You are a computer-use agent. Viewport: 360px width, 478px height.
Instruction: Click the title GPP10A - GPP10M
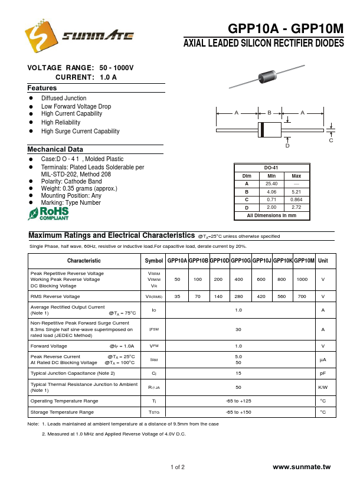tap(285, 30)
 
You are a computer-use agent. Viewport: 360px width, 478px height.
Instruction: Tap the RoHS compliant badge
tap(48, 214)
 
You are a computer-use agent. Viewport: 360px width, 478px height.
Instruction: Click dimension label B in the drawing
tap(269, 112)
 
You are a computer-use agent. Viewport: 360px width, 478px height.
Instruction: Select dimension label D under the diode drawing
tap(287, 145)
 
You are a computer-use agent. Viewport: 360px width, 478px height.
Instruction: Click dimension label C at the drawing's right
tap(331, 140)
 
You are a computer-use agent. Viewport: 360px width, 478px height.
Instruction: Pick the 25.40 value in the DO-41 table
tap(271, 184)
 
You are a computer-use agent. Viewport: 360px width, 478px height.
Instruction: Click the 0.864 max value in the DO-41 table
tap(296, 199)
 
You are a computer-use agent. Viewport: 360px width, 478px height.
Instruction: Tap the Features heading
tap(42, 88)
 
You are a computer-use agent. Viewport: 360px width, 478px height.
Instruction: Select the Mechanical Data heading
tap(55, 149)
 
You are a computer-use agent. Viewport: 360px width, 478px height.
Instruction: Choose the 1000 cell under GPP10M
tap(302, 279)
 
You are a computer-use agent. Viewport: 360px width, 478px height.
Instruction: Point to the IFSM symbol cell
tap(154, 329)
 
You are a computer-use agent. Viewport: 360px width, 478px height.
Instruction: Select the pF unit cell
tap(323, 373)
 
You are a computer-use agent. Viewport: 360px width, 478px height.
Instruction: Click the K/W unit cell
tap(323, 387)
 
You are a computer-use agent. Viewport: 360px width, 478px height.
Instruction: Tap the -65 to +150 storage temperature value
tap(238, 412)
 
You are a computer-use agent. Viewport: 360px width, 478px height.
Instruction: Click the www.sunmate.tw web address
tap(303, 467)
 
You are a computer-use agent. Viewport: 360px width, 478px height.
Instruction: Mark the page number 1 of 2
tap(178, 467)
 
